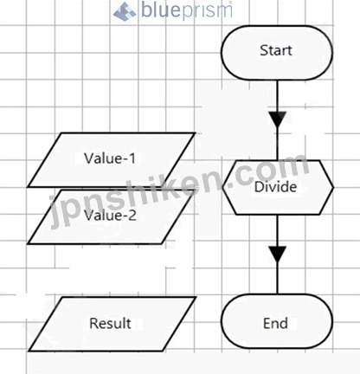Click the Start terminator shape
(x=277, y=53)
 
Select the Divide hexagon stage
(x=278, y=188)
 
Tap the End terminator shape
(x=277, y=321)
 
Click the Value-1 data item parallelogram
(x=112, y=160)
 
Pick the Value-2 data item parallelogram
(x=110, y=217)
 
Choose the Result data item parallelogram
(x=112, y=324)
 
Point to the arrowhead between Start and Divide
(x=278, y=119)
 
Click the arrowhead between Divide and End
(x=278, y=255)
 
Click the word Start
(x=276, y=50)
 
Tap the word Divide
(x=275, y=187)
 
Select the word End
(x=275, y=323)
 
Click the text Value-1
(x=110, y=158)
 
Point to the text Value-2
(x=110, y=216)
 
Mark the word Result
(x=110, y=323)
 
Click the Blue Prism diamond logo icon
(x=125, y=11)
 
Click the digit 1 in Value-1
(x=132, y=158)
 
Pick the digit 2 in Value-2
(x=132, y=216)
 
